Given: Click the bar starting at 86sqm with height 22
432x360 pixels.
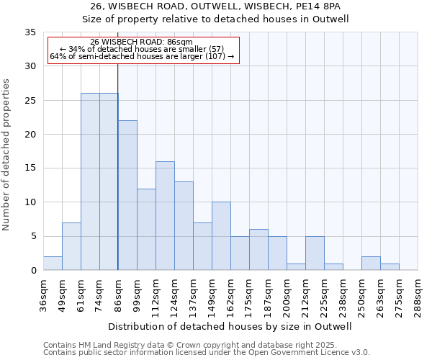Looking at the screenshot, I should pyautogui.click(x=127, y=195).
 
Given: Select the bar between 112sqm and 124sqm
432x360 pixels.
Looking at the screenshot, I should pyautogui.click(x=165, y=216).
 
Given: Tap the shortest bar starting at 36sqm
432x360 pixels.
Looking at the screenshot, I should pyautogui.click(x=53, y=264).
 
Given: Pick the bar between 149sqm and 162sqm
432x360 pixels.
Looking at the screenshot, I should pyautogui.click(x=221, y=236).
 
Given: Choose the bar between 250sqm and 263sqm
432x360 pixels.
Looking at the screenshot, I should pyautogui.click(x=371, y=264).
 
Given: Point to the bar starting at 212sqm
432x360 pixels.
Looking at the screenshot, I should pyautogui.click(x=315, y=253).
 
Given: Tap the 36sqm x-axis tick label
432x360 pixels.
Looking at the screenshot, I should pyautogui.click(x=43, y=295).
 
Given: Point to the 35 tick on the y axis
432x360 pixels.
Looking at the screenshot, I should pyautogui.click(x=30, y=32).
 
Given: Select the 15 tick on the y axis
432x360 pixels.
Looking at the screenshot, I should pyautogui.click(x=30, y=168).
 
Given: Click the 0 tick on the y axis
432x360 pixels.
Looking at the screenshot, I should pyautogui.click(x=33, y=271).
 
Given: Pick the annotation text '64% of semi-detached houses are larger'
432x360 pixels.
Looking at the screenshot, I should pyautogui.click(x=142, y=56).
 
